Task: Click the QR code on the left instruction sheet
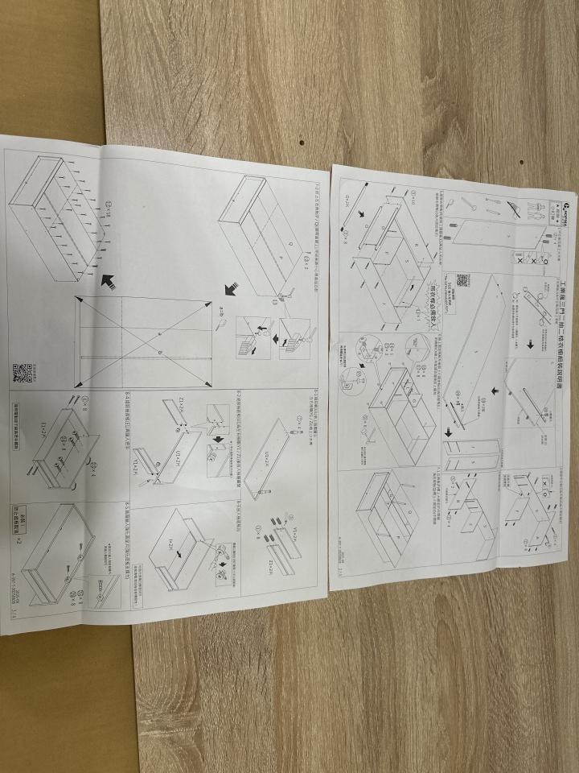pyautogui.click(x=23, y=374)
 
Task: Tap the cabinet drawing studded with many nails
pyautogui.click(x=60, y=217)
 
